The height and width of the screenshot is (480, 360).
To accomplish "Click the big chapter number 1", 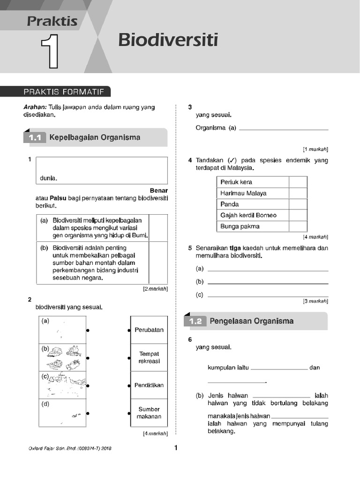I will click(x=51, y=52).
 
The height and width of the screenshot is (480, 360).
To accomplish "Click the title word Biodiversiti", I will click(x=168, y=40).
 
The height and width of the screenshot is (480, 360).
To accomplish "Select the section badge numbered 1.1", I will click(x=35, y=138).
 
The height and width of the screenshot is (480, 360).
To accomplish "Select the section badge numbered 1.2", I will click(x=195, y=322).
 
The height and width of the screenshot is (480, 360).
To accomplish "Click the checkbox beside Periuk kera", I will click(x=298, y=182).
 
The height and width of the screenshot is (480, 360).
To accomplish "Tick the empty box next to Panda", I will click(x=298, y=204).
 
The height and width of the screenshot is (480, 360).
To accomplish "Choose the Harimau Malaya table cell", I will click(x=252, y=193).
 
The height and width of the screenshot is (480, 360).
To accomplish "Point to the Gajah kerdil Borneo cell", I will click(x=252, y=215).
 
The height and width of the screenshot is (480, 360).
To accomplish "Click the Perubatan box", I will click(x=149, y=330).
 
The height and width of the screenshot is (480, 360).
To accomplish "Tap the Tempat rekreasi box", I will click(x=149, y=358).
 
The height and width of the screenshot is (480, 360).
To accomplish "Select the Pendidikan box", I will click(x=149, y=385).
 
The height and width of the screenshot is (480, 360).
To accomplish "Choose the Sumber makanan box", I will click(x=149, y=413).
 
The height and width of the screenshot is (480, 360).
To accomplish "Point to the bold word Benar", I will click(x=158, y=191).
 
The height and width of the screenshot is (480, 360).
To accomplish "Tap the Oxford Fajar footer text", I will click(x=70, y=449).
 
